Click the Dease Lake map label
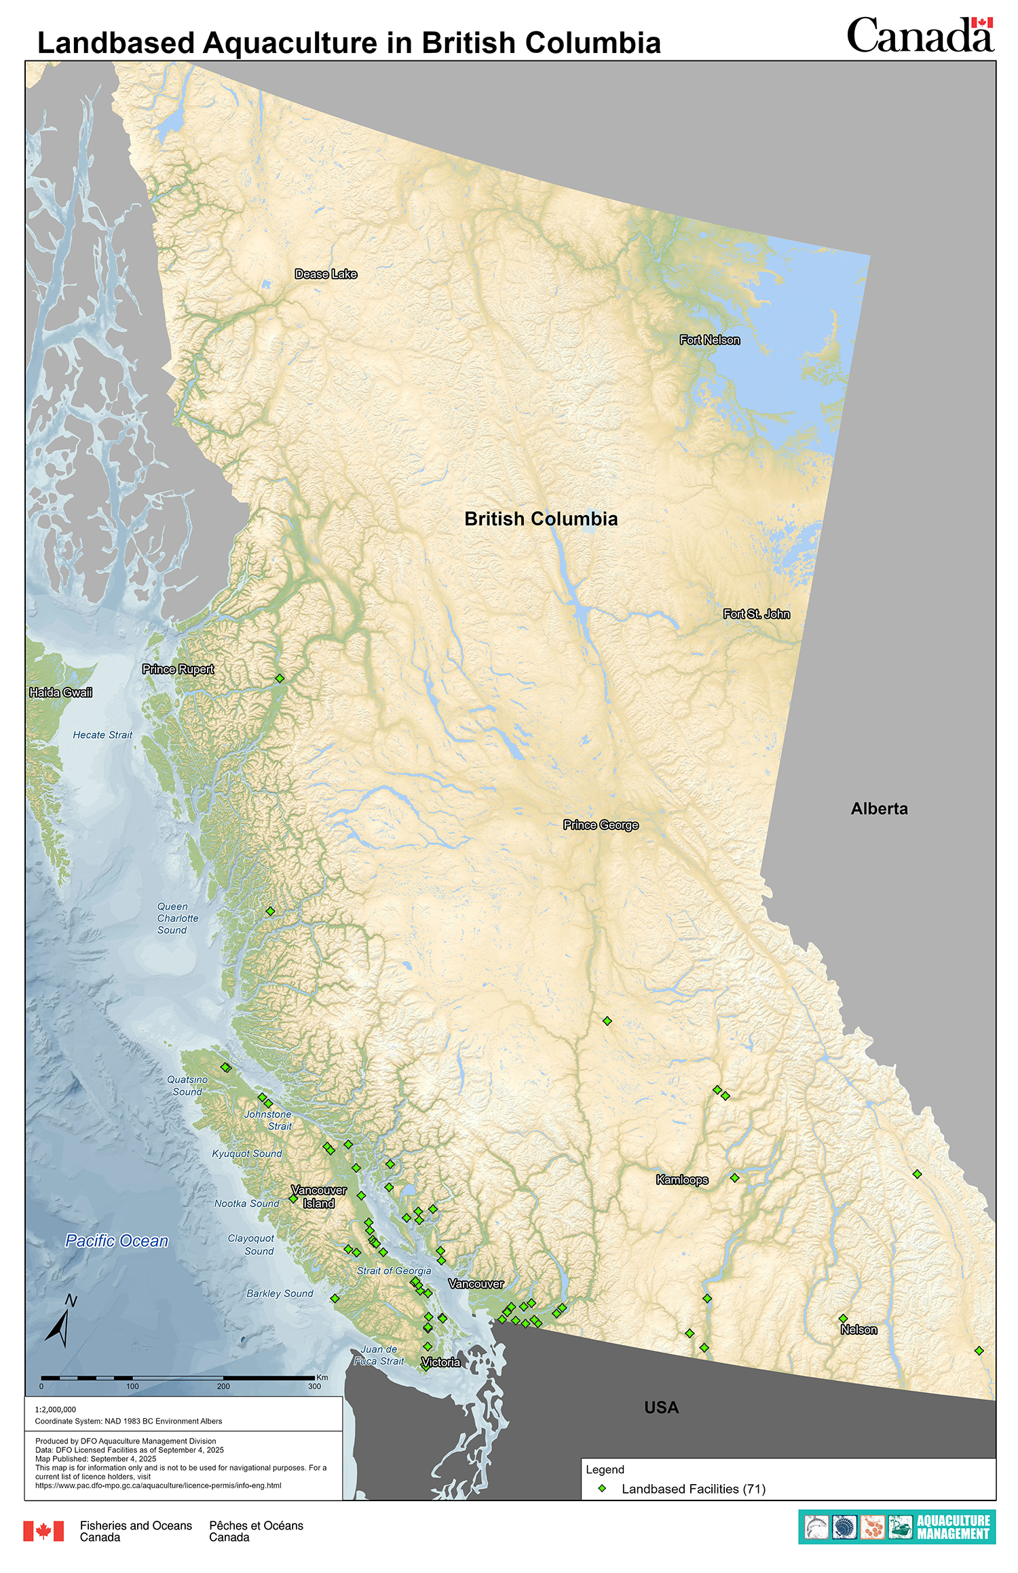326,274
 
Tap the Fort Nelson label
710,340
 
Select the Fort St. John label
756,614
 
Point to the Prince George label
601,825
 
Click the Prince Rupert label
178,669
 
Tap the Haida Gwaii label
60,693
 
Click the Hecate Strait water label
102,735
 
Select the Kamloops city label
682,1180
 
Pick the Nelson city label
859,1330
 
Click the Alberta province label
879,809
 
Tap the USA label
661,1408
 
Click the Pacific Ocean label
117,1241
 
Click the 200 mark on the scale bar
223,1386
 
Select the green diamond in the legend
601,1488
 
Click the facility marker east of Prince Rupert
280,678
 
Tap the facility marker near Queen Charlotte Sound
270,911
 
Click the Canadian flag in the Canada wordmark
981,23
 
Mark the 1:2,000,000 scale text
56,1409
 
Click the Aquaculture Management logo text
953,1527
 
